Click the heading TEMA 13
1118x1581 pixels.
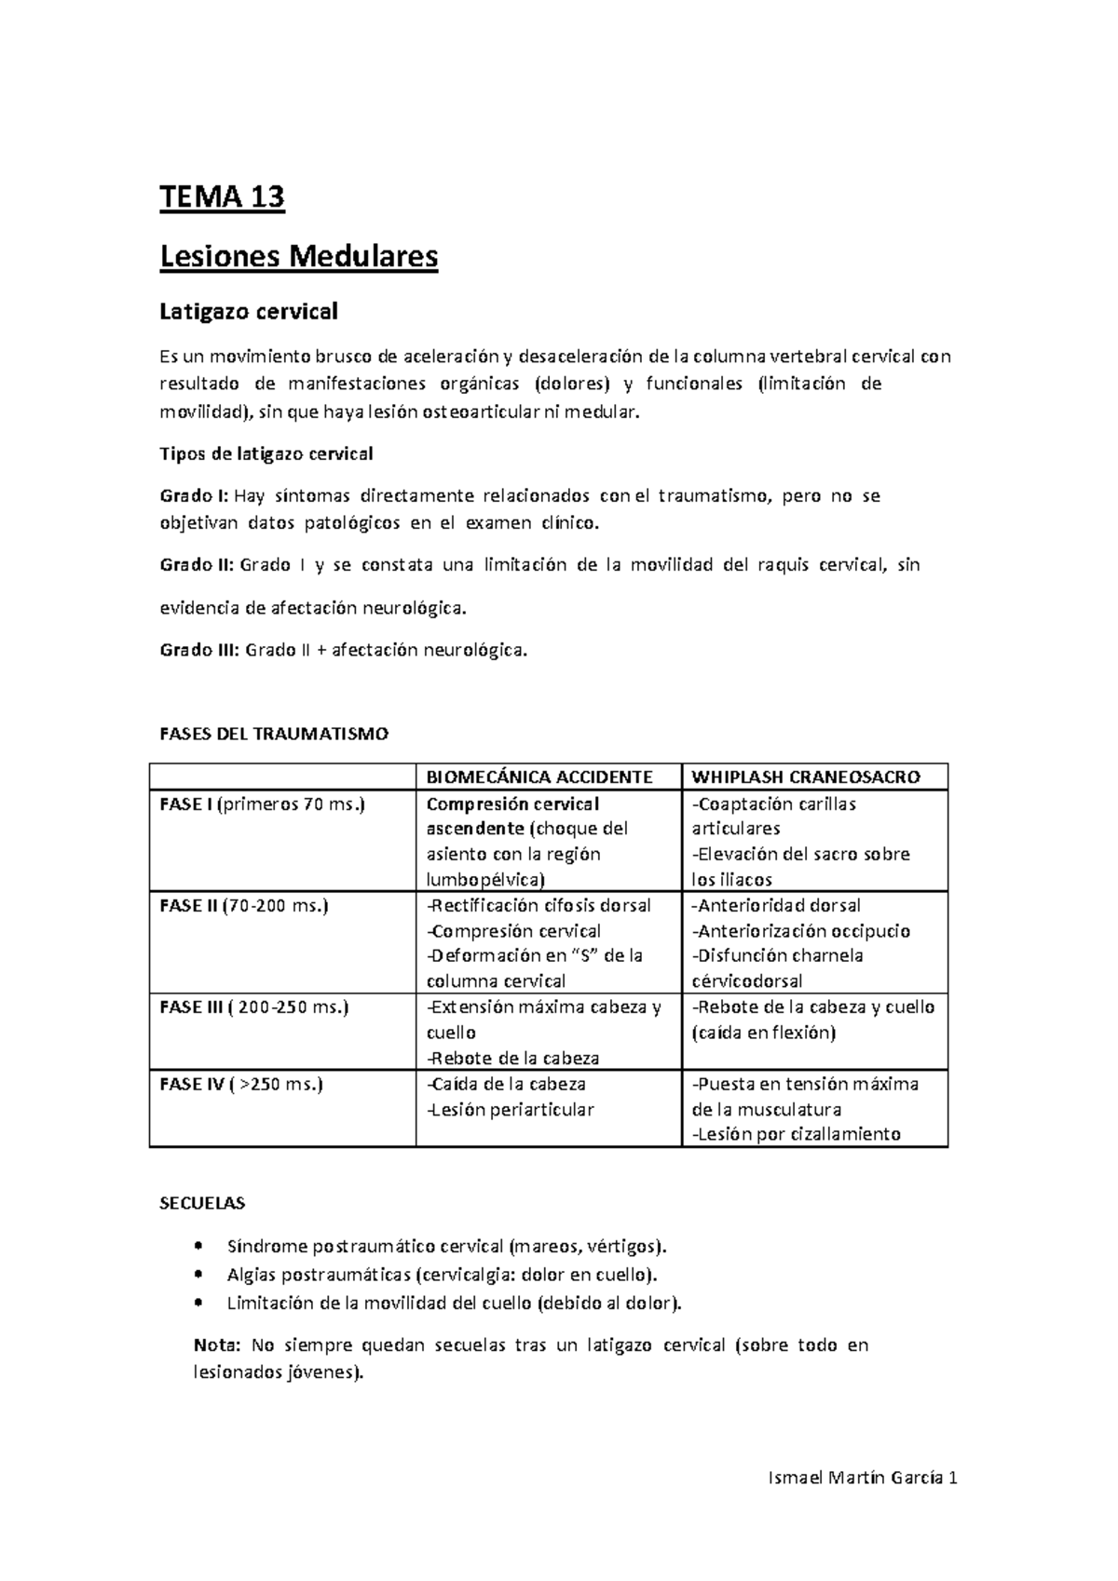point(222,198)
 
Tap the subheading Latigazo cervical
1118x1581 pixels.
point(248,311)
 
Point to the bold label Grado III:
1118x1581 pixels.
point(200,650)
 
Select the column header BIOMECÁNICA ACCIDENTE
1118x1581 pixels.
point(539,777)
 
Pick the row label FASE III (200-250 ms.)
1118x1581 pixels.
point(254,1007)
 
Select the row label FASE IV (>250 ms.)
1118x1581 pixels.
point(241,1084)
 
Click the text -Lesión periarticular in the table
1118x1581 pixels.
point(510,1109)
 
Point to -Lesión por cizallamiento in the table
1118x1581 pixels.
point(796,1134)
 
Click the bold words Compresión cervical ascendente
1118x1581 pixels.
point(512,815)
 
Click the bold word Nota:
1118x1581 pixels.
point(217,1345)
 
